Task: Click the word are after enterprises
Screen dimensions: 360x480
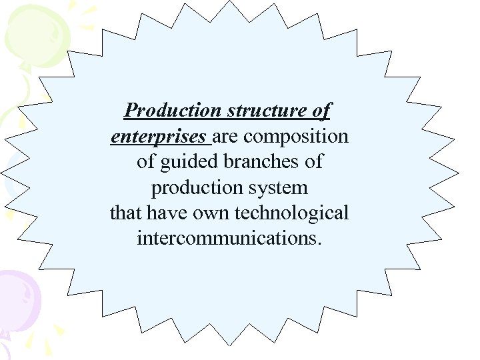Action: (x=227, y=136)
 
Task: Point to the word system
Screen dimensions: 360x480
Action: (x=279, y=188)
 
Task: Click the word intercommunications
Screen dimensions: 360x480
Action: (x=227, y=239)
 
